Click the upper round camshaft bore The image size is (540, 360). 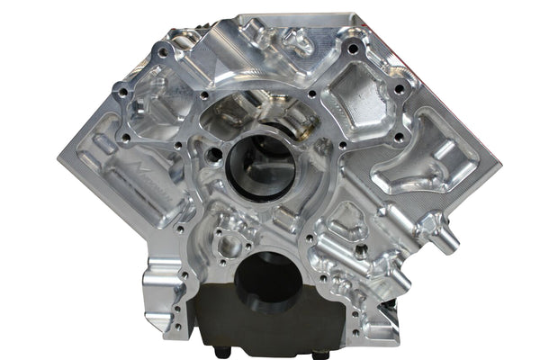pos(261,166)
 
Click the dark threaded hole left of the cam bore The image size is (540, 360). pos(213,155)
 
